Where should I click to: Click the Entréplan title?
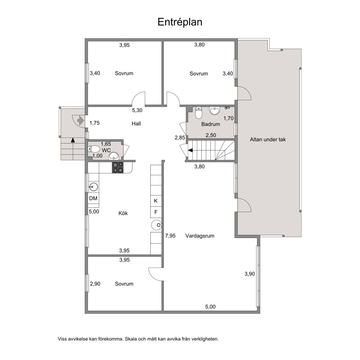click(x=180, y=22)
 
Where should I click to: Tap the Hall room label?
click(x=136, y=123)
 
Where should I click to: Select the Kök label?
click(x=123, y=213)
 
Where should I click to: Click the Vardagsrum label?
click(x=200, y=236)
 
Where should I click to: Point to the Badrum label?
click(x=211, y=124)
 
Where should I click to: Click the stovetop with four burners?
click(x=117, y=167)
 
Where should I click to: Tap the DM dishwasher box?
click(x=93, y=198)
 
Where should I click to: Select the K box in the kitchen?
click(x=156, y=201)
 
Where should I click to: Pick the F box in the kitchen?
click(x=156, y=212)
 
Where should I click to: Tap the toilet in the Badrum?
click(x=199, y=112)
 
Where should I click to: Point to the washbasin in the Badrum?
click(x=215, y=111)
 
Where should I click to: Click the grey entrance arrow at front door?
click(x=80, y=120)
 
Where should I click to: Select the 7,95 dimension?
click(x=170, y=236)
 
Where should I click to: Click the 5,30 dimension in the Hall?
click(x=137, y=110)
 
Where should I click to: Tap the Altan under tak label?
click(x=268, y=139)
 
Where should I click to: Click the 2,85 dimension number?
click(x=180, y=137)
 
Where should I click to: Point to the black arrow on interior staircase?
click(x=190, y=150)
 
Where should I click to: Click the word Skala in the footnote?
click(x=130, y=339)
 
